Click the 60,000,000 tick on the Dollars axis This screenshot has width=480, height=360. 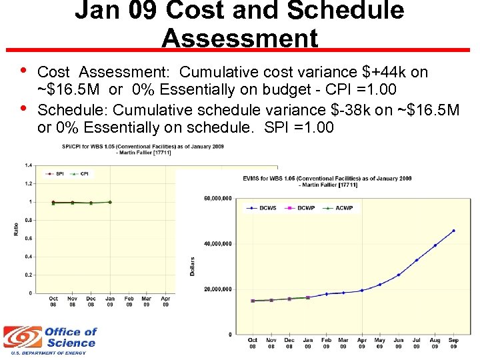click(217, 199)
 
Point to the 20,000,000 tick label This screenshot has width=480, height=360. click(217, 289)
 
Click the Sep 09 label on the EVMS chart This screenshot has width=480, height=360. click(453, 343)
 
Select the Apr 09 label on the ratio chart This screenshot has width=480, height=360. click(165, 301)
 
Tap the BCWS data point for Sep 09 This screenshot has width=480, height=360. click(453, 231)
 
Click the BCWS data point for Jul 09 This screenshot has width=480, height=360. click(417, 260)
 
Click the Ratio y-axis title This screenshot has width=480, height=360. click(15, 228)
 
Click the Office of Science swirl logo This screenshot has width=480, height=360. click(21, 338)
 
